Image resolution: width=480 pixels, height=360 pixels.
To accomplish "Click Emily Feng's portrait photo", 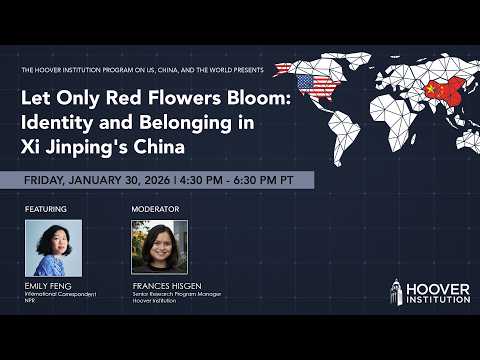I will pyautogui.click(x=53, y=247).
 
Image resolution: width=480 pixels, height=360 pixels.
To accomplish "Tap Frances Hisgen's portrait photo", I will pyautogui.click(x=160, y=247).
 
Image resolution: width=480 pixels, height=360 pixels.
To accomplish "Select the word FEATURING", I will pyautogui.click(x=46, y=209).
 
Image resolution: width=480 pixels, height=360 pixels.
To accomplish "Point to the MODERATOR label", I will pyautogui.click(x=154, y=209).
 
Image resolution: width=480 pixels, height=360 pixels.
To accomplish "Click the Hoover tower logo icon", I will pyautogui.click(x=396, y=292).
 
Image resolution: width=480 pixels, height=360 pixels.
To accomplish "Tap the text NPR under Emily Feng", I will pyautogui.click(x=30, y=299).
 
